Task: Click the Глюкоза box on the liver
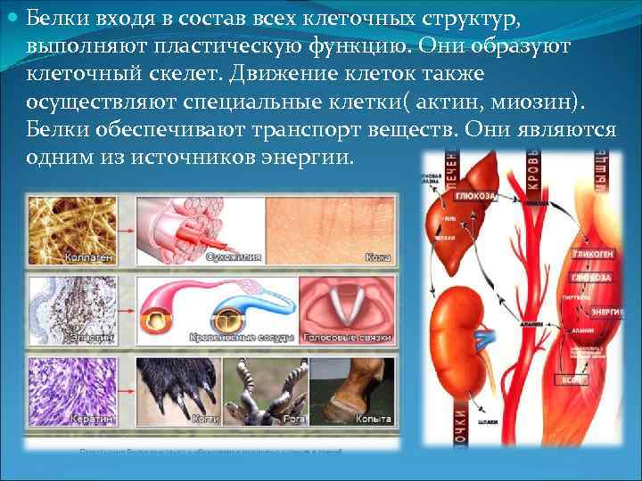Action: (x=471, y=194)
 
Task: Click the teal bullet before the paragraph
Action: (x=12, y=18)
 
